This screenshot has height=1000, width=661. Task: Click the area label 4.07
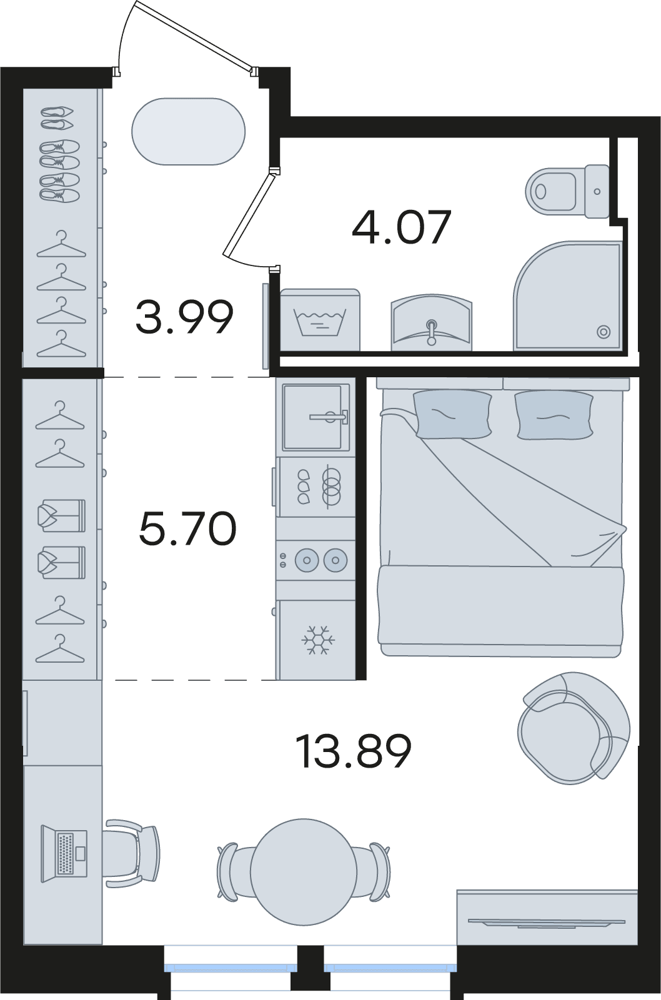(x=402, y=227)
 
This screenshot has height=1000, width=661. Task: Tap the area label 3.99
(x=184, y=317)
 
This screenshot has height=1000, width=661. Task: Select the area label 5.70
(x=187, y=528)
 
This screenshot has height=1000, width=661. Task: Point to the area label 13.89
(x=353, y=751)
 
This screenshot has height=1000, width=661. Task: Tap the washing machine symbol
(x=320, y=320)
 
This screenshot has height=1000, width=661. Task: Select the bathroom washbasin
(x=432, y=322)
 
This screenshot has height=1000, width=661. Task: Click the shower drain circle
(x=604, y=332)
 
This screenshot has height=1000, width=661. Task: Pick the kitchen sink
(x=316, y=417)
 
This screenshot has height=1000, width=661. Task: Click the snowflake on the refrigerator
(x=318, y=640)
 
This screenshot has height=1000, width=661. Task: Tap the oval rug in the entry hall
(x=189, y=131)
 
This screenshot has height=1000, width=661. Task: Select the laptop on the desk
(x=64, y=854)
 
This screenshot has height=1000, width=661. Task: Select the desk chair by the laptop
(x=132, y=854)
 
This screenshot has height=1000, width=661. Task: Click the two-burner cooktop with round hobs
(x=316, y=560)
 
